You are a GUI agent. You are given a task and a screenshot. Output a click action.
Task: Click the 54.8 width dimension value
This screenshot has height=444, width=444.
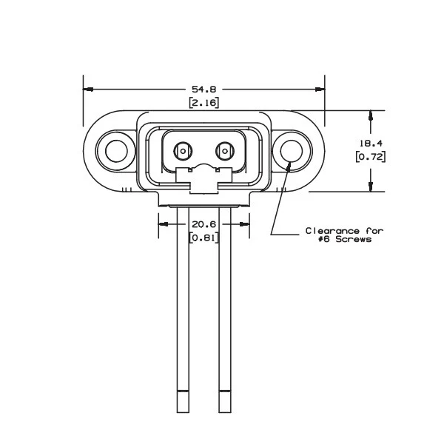(203, 89)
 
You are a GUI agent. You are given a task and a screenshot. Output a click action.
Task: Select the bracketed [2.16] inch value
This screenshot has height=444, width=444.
(203, 103)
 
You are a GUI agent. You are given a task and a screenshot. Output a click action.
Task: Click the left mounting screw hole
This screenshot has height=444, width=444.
(116, 151)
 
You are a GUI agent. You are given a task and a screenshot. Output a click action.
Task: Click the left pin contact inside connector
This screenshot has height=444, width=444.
(181, 152)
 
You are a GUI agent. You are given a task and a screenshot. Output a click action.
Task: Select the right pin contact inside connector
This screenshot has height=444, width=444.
(224, 152)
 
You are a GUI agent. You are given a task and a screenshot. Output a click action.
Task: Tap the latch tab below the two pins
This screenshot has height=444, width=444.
(203, 179)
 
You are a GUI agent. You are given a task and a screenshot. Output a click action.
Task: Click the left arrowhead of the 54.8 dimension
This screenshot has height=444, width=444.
(87, 89)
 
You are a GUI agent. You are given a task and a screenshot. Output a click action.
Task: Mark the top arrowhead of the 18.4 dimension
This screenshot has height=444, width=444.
(369, 115)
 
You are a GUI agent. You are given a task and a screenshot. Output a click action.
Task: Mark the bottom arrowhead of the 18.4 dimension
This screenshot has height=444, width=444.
(369, 186)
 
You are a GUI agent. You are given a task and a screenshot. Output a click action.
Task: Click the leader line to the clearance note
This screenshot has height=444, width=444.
(276, 207)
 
